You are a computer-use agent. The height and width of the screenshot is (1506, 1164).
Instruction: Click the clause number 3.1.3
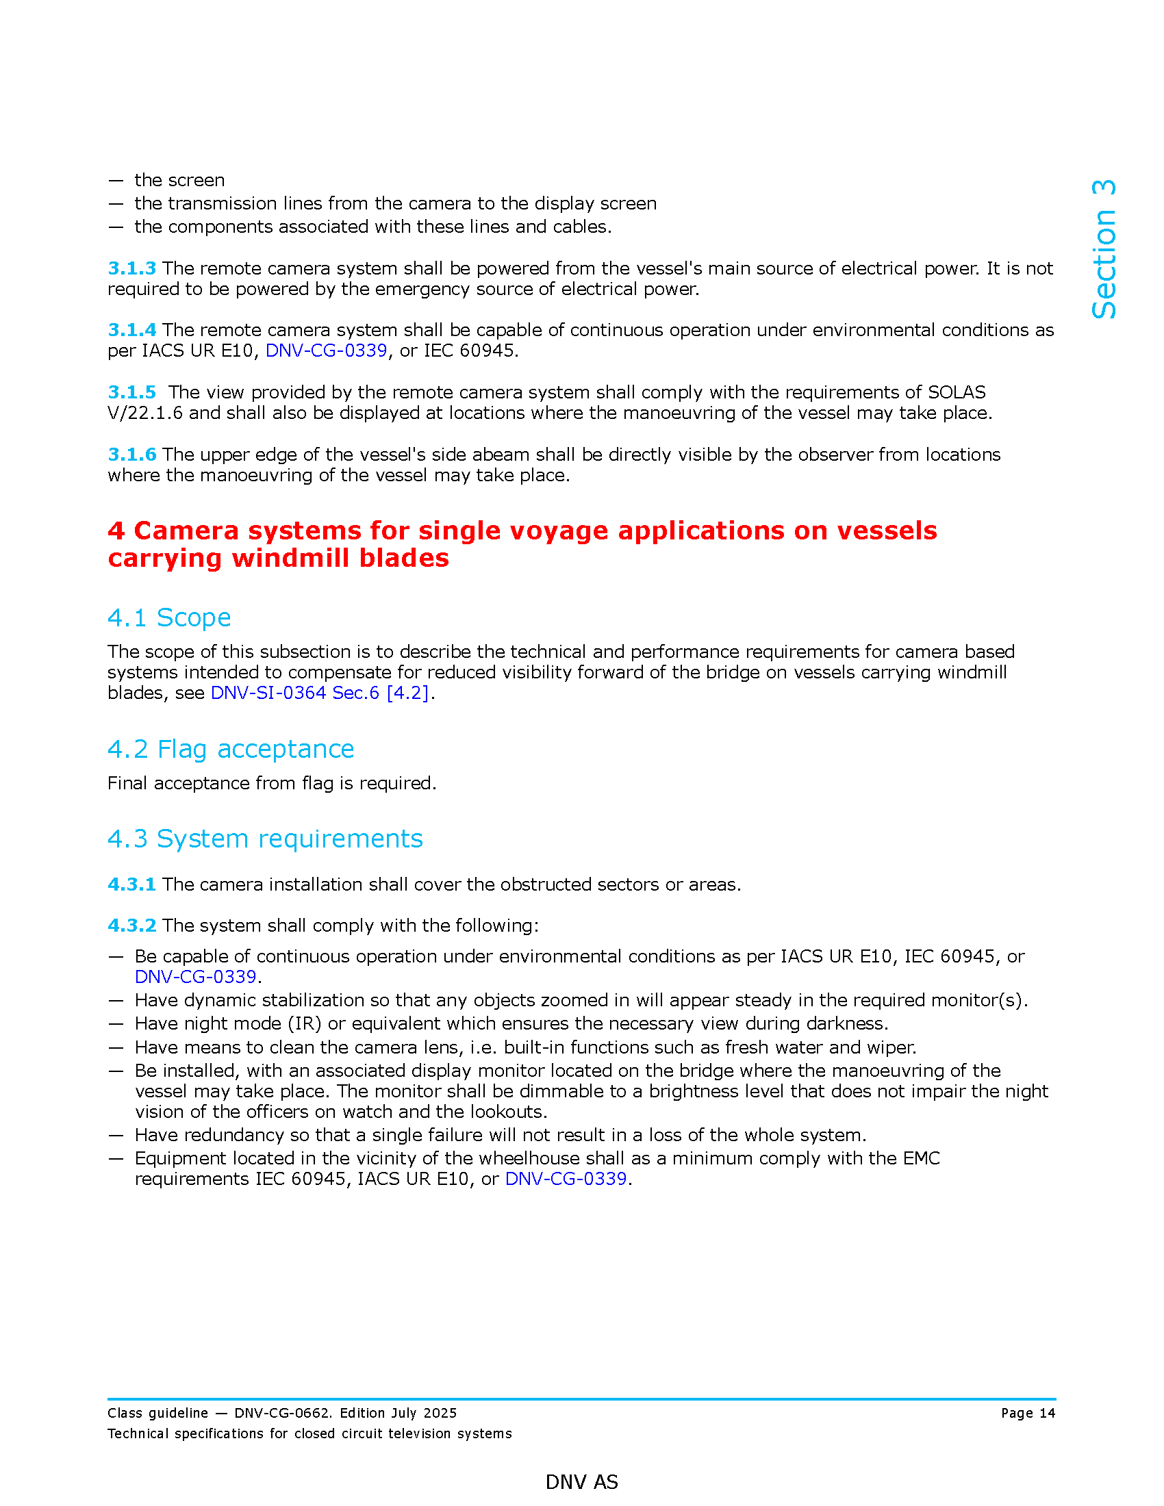click(131, 268)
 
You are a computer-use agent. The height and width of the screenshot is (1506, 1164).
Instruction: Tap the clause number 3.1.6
click(131, 455)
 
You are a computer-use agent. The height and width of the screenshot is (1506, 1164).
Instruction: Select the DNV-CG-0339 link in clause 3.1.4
click(326, 351)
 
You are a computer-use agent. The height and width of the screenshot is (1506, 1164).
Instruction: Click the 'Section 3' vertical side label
click(1103, 249)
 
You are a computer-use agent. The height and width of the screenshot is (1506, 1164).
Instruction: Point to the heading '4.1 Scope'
click(169, 618)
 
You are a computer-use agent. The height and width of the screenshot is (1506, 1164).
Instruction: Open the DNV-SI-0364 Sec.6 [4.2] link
click(319, 693)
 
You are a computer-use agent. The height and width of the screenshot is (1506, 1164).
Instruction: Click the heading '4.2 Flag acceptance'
click(230, 750)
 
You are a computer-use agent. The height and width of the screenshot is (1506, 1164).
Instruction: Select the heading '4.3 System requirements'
click(265, 839)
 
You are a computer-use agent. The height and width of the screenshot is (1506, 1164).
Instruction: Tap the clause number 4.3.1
click(131, 884)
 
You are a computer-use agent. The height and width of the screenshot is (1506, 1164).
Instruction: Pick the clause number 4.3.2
click(131, 926)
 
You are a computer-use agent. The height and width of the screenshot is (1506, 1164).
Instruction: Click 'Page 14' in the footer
click(1028, 1414)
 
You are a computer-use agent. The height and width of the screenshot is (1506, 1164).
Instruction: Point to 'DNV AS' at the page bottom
click(581, 1482)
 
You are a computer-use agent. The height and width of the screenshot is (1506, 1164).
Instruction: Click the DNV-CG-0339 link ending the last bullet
click(566, 1179)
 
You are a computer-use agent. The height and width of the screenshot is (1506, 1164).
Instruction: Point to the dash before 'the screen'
click(116, 181)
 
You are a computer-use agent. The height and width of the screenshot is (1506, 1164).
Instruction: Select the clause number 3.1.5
click(131, 392)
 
